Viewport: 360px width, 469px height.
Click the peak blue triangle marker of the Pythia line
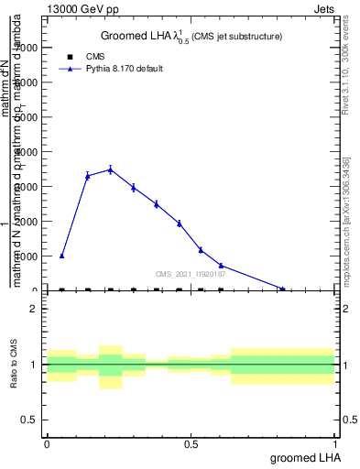click(x=110, y=169)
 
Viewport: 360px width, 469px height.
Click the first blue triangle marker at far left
click(x=61, y=256)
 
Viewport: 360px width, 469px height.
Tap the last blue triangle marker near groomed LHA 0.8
click(x=283, y=289)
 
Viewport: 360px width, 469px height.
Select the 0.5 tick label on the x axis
click(x=191, y=444)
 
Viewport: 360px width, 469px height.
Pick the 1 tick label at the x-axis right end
click(x=335, y=444)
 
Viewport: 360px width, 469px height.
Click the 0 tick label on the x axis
click(x=47, y=444)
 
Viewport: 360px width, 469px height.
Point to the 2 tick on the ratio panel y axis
click(x=34, y=309)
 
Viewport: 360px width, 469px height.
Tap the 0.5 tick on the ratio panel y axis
click(x=30, y=420)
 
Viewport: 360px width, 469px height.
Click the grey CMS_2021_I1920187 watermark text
click(x=191, y=273)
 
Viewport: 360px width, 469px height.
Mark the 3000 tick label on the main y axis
click(x=26, y=187)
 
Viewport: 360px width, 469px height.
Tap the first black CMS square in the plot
click(x=61, y=290)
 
